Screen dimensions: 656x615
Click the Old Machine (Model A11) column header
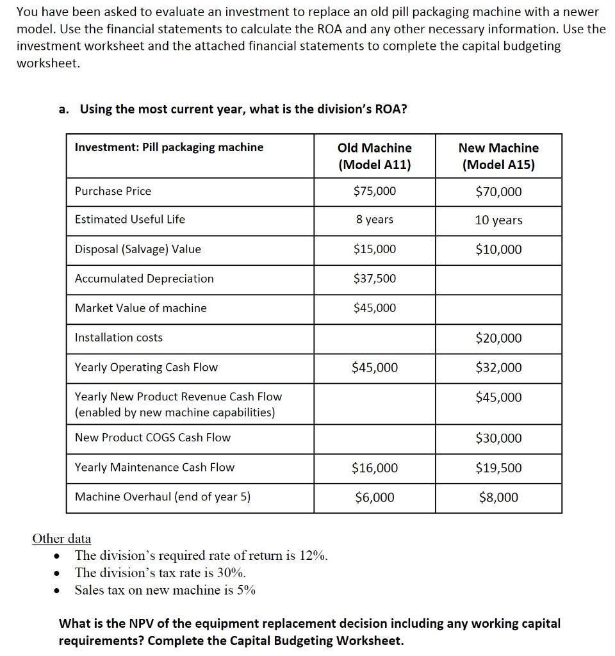pos(375,156)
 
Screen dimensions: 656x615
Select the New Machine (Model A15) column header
pos(498,156)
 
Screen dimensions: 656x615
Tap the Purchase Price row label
pos(113,191)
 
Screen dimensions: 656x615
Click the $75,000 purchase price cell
pos(375,191)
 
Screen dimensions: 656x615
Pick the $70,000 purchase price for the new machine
pos(498,192)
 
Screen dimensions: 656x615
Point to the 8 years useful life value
pos(375,219)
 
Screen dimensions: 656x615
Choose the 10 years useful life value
pos(498,220)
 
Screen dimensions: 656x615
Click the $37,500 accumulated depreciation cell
pos(375,278)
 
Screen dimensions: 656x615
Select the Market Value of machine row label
pos(141,307)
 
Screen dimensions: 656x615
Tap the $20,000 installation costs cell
pos(498,338)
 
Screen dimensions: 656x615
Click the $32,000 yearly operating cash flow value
pos(498,367)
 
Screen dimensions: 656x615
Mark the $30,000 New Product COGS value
pos(498,438)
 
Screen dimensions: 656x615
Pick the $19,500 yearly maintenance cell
pos(498,468)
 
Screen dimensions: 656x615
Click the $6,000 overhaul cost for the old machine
pos(375,497)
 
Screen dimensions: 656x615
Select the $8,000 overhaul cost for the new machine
pos(498,497)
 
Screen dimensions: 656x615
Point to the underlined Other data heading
pos(61,538)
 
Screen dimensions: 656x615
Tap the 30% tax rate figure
pos(231,573)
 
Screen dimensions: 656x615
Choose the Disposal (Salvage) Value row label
pos(138,249)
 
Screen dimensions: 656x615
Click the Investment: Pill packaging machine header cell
pos(169,147)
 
